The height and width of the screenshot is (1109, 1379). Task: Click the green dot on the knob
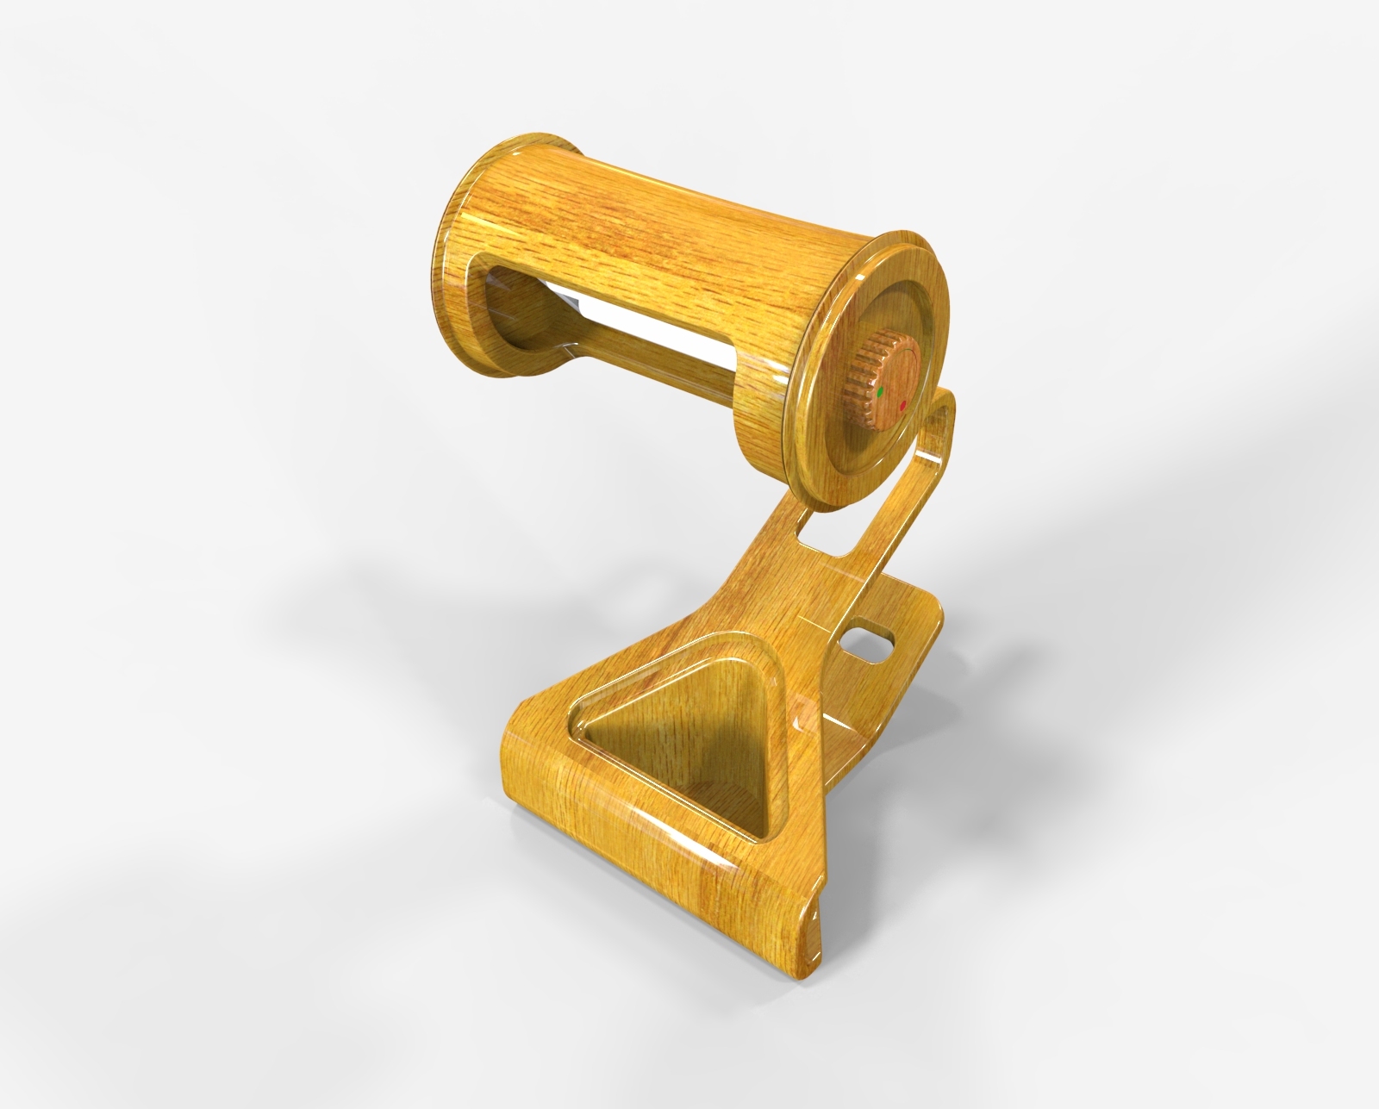pos(880,392)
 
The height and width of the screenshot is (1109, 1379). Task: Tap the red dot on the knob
pos(902,403)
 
